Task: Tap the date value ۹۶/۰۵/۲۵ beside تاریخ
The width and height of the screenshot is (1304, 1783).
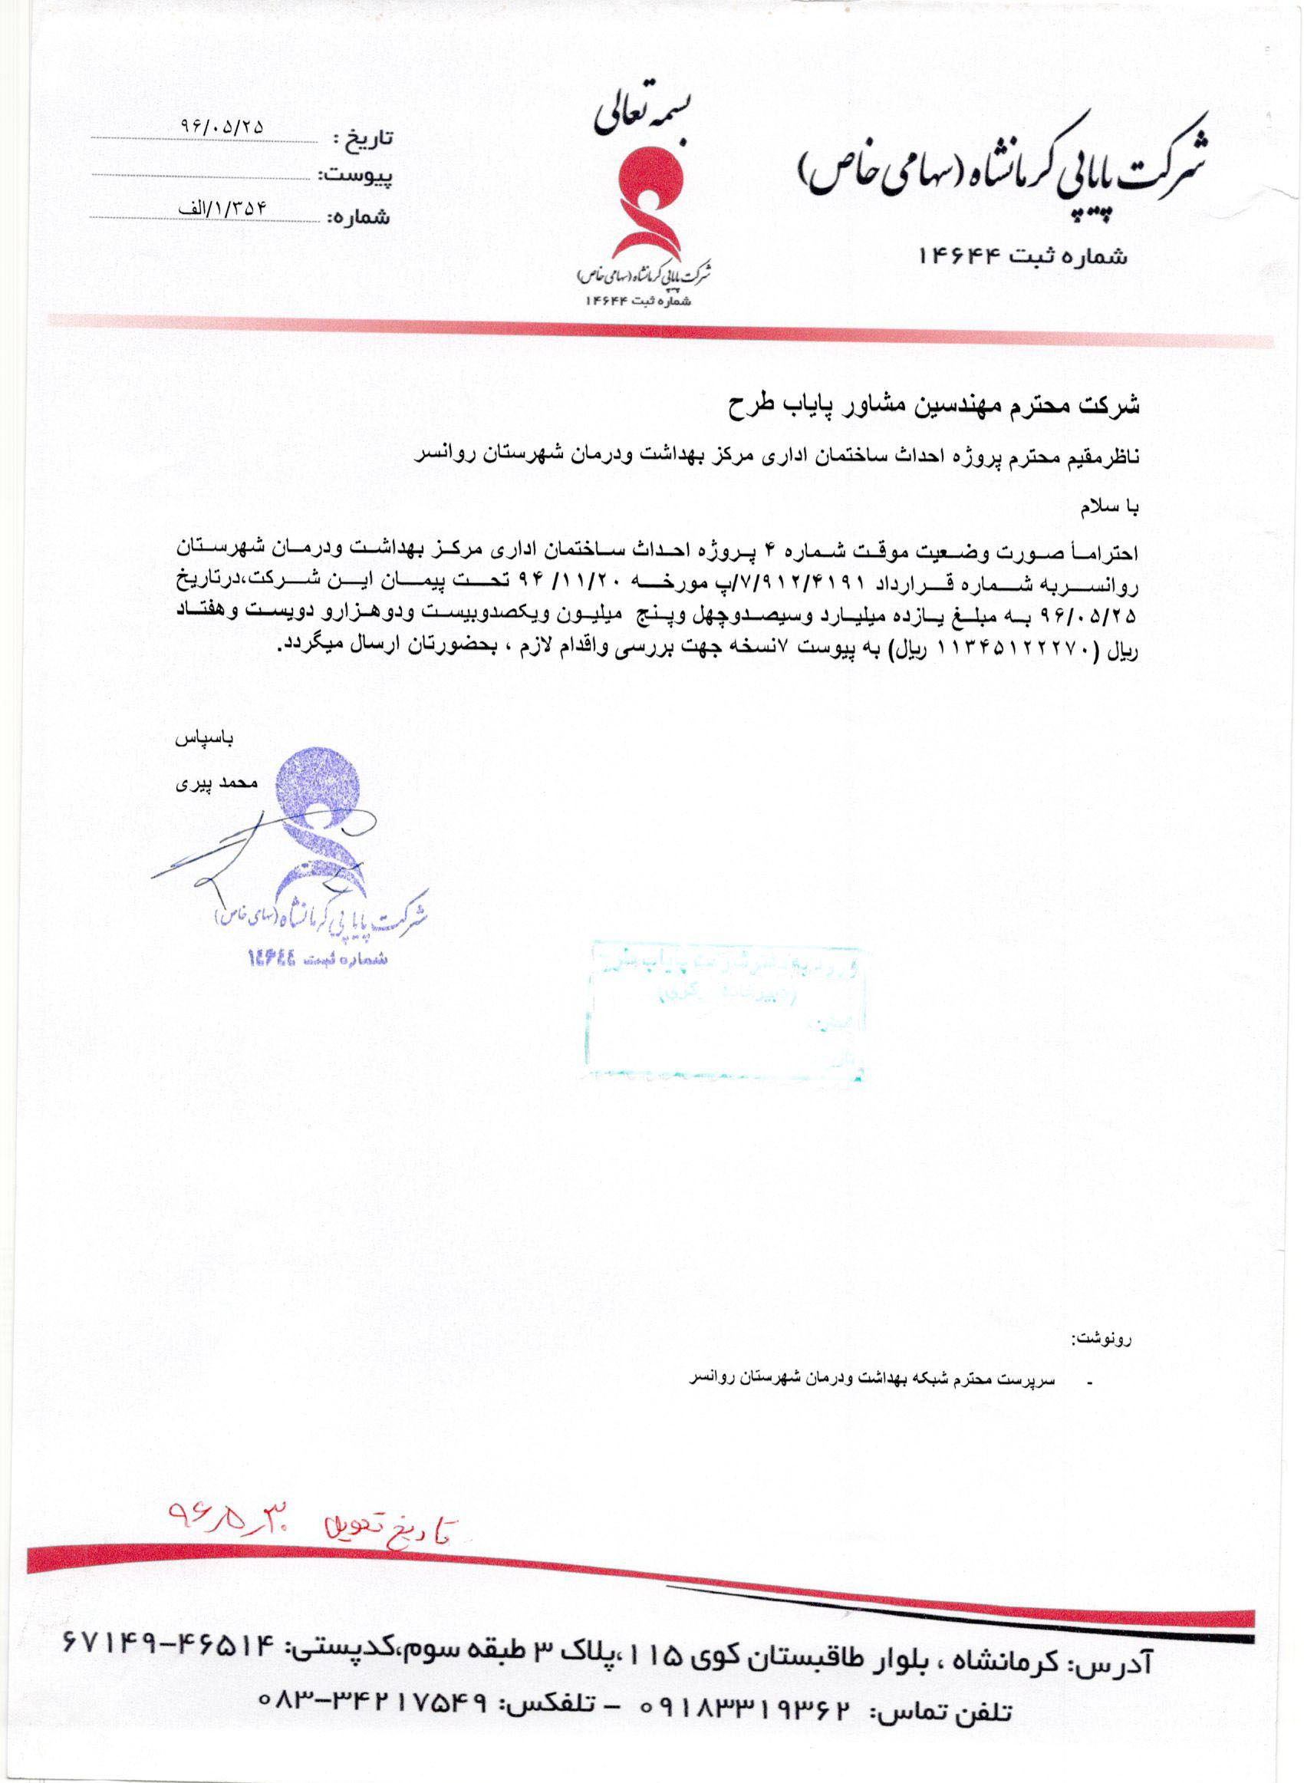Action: coord(223,127)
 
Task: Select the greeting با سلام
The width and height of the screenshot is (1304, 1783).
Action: coord(1109,510)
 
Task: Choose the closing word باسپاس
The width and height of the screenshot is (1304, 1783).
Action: coord(205,740)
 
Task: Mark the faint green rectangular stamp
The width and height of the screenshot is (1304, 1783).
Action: coord(726,1010)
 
